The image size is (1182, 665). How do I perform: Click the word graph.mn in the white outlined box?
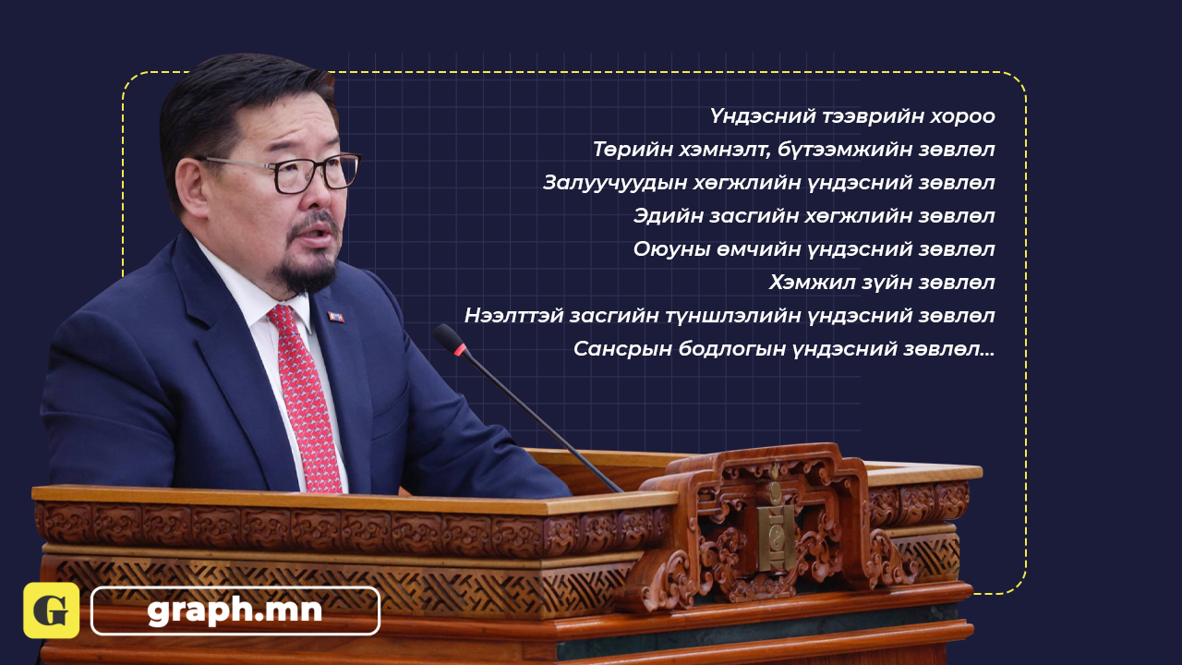coord(235,611)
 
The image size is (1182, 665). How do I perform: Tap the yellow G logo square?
coord(51,611)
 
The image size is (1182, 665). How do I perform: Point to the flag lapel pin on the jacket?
coord(335,317)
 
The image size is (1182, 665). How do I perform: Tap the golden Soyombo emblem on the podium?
coord(776,533)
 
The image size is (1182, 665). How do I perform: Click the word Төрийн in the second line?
coord(631,150)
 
